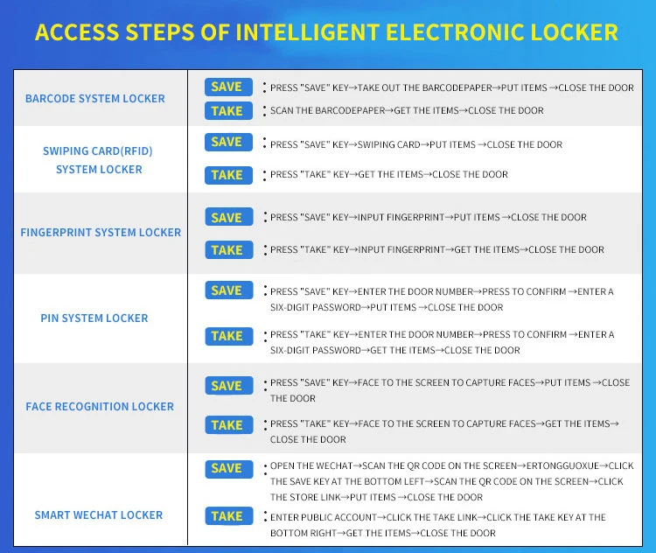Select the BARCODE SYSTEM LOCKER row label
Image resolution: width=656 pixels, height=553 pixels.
pos(94,99)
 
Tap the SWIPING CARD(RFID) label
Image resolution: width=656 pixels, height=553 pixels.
pos(98,151)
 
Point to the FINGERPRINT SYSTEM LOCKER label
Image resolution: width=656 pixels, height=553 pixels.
pos(101,233)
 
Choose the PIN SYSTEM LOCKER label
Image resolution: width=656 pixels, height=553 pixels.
pos(94,318)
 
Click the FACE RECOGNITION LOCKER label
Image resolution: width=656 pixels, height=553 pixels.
pos(100,407)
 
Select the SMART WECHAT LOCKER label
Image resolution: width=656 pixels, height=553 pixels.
pos(99,515)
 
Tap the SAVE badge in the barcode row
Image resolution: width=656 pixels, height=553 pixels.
pos(227,87)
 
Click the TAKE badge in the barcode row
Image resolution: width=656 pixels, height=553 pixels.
pos(227,111)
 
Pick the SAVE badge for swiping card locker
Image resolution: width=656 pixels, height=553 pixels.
pos(227,142)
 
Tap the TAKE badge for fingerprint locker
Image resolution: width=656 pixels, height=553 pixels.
pos(227,250)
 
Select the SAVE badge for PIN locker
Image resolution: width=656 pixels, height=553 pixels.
pos(227,290)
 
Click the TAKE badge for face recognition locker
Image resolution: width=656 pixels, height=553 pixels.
pos(227,425)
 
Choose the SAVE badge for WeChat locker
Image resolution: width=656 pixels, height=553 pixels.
pos(227,469)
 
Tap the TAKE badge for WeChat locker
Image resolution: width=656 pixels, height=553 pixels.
pos(227,516)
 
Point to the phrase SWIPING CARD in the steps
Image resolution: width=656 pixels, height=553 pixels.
pos(389,145)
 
